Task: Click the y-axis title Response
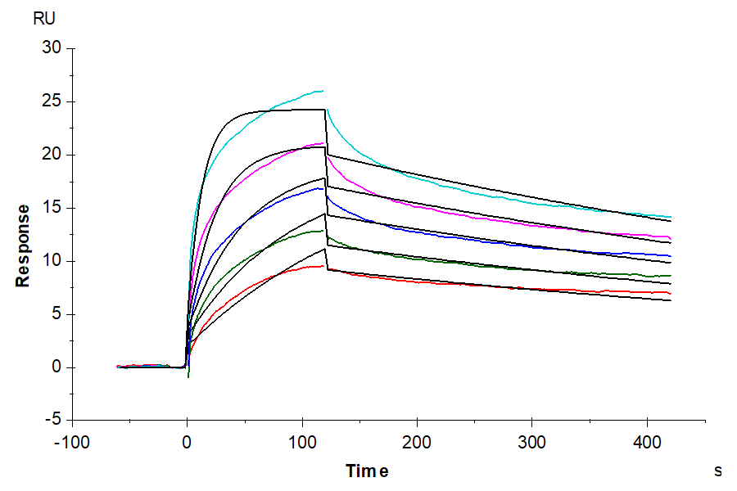coord(23,245)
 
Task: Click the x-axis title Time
coord(366,471)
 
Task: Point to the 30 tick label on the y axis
coord(52,48)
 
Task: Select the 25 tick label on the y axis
coord(52,101)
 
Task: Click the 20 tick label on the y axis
coord(52,155)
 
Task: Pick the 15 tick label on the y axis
coord(52,208)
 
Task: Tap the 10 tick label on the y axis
coord(52,261)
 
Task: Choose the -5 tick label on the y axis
coord(52,420)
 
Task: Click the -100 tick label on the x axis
coord(72,442)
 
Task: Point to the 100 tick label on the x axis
coord(303,442)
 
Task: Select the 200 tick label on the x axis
coord(418,442)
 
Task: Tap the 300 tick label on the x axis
coord(533,442)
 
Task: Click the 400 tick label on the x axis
coord(648,442)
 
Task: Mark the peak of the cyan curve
coord(323,90)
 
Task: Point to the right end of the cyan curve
coord(671,217)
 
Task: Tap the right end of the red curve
coord(671,293)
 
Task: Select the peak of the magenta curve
coord(323,143)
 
